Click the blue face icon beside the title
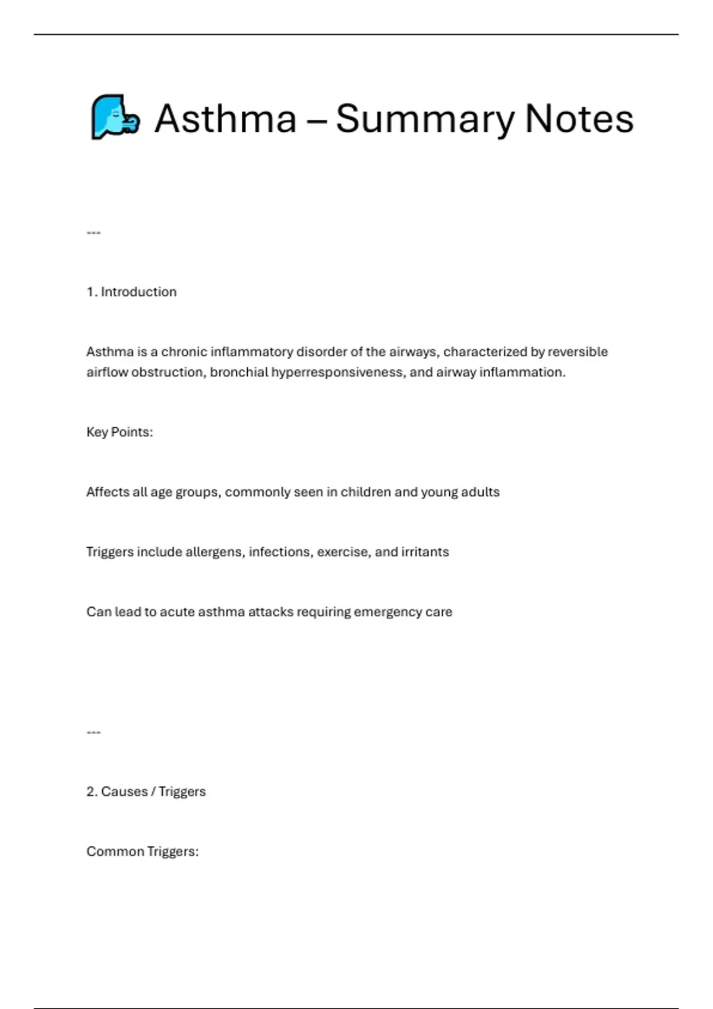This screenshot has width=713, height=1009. (115, 117)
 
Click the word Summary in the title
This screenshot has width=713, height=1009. (425, 119)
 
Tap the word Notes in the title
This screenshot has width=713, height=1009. (579, 118)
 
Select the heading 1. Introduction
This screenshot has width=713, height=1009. (131, 292)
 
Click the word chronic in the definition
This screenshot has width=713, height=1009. (184, 352)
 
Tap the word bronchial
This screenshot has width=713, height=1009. (239, 372)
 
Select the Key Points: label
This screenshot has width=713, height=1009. (119, 432)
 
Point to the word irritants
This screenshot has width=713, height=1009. (425, 552)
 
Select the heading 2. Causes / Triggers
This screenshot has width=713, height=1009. (146, 792)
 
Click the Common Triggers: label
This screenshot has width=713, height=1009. (143, 852)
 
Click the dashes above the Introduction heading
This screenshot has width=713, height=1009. (93, 233)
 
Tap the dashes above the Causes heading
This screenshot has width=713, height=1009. (93, 732)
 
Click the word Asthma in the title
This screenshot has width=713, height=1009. (226, 118)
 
